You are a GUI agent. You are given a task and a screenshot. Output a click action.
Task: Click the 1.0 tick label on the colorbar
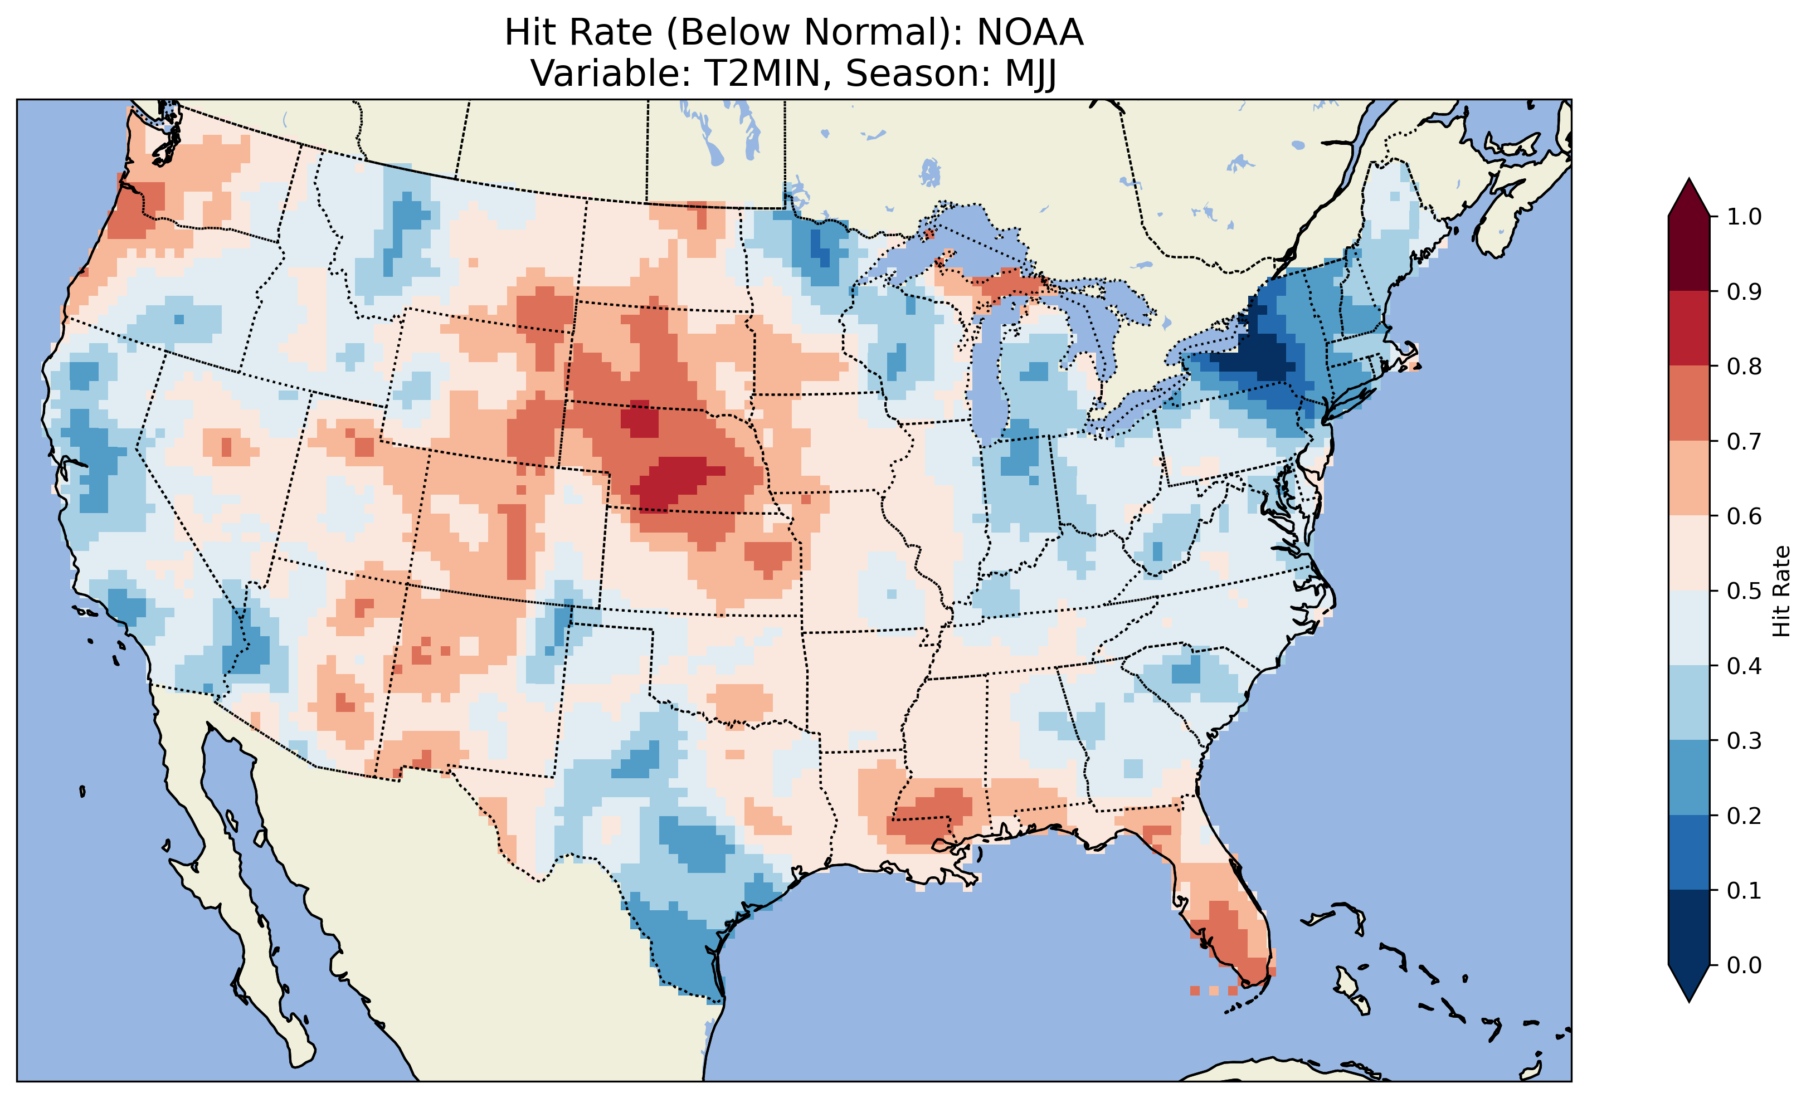pos(1744,217)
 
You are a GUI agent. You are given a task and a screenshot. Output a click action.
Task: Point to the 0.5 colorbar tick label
pos(1744,591)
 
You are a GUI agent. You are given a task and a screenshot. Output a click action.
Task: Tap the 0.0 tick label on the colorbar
pos(1744,965)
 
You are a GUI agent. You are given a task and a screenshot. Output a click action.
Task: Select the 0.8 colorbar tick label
pos(1744,366)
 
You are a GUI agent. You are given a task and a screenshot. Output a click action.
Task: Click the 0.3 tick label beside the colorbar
pos(1744,741)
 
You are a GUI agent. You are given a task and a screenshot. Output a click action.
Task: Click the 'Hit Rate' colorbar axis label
pos(1781,591)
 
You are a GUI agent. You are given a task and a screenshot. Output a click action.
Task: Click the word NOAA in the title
pos(1030,33)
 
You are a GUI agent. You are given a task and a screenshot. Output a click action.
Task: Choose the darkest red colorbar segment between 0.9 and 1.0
pos(1690,253)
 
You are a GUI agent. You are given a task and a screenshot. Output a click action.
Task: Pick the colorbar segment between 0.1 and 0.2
pos(1690,852)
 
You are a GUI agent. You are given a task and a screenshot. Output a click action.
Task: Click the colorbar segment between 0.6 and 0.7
pos(1690,478)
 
